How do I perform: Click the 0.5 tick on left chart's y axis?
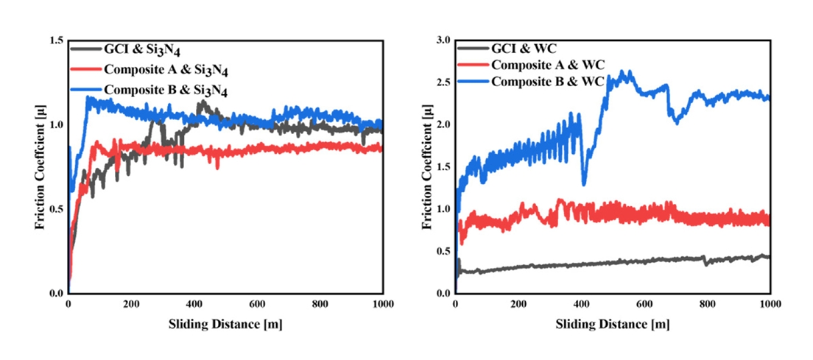click(56, 209)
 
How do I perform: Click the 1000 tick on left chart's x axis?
click(382, 304)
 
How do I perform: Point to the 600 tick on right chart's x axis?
click(644, 304)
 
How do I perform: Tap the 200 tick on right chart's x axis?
click(518, 304)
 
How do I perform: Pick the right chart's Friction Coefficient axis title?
click(426, 166)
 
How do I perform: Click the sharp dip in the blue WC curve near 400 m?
click(584, 183)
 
